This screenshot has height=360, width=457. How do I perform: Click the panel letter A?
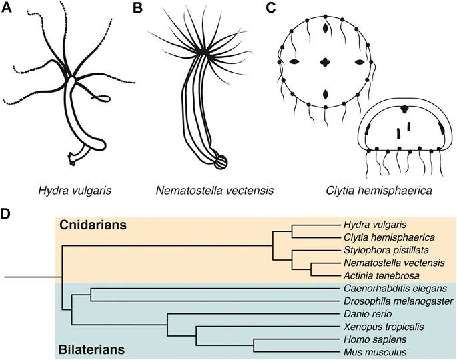8,9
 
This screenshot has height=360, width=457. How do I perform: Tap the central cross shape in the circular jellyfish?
326,63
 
